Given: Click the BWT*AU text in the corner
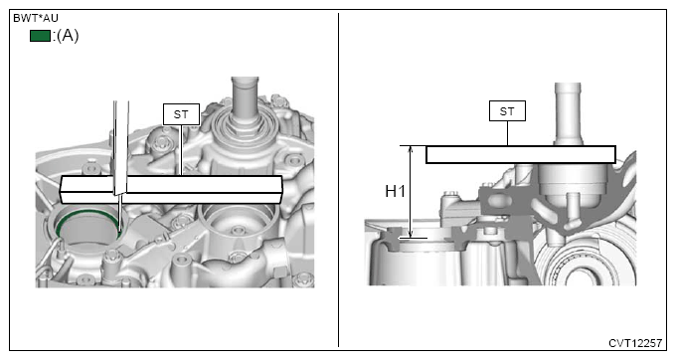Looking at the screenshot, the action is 36,18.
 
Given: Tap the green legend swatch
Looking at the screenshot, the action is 40,36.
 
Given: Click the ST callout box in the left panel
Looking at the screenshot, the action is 181,114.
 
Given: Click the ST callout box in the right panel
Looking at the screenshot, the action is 507,110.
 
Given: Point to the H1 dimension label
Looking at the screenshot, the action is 395,191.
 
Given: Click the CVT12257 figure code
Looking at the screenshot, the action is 635,343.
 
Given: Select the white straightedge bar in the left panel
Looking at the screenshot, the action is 171,189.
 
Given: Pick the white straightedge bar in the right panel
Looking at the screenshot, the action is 521,155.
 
